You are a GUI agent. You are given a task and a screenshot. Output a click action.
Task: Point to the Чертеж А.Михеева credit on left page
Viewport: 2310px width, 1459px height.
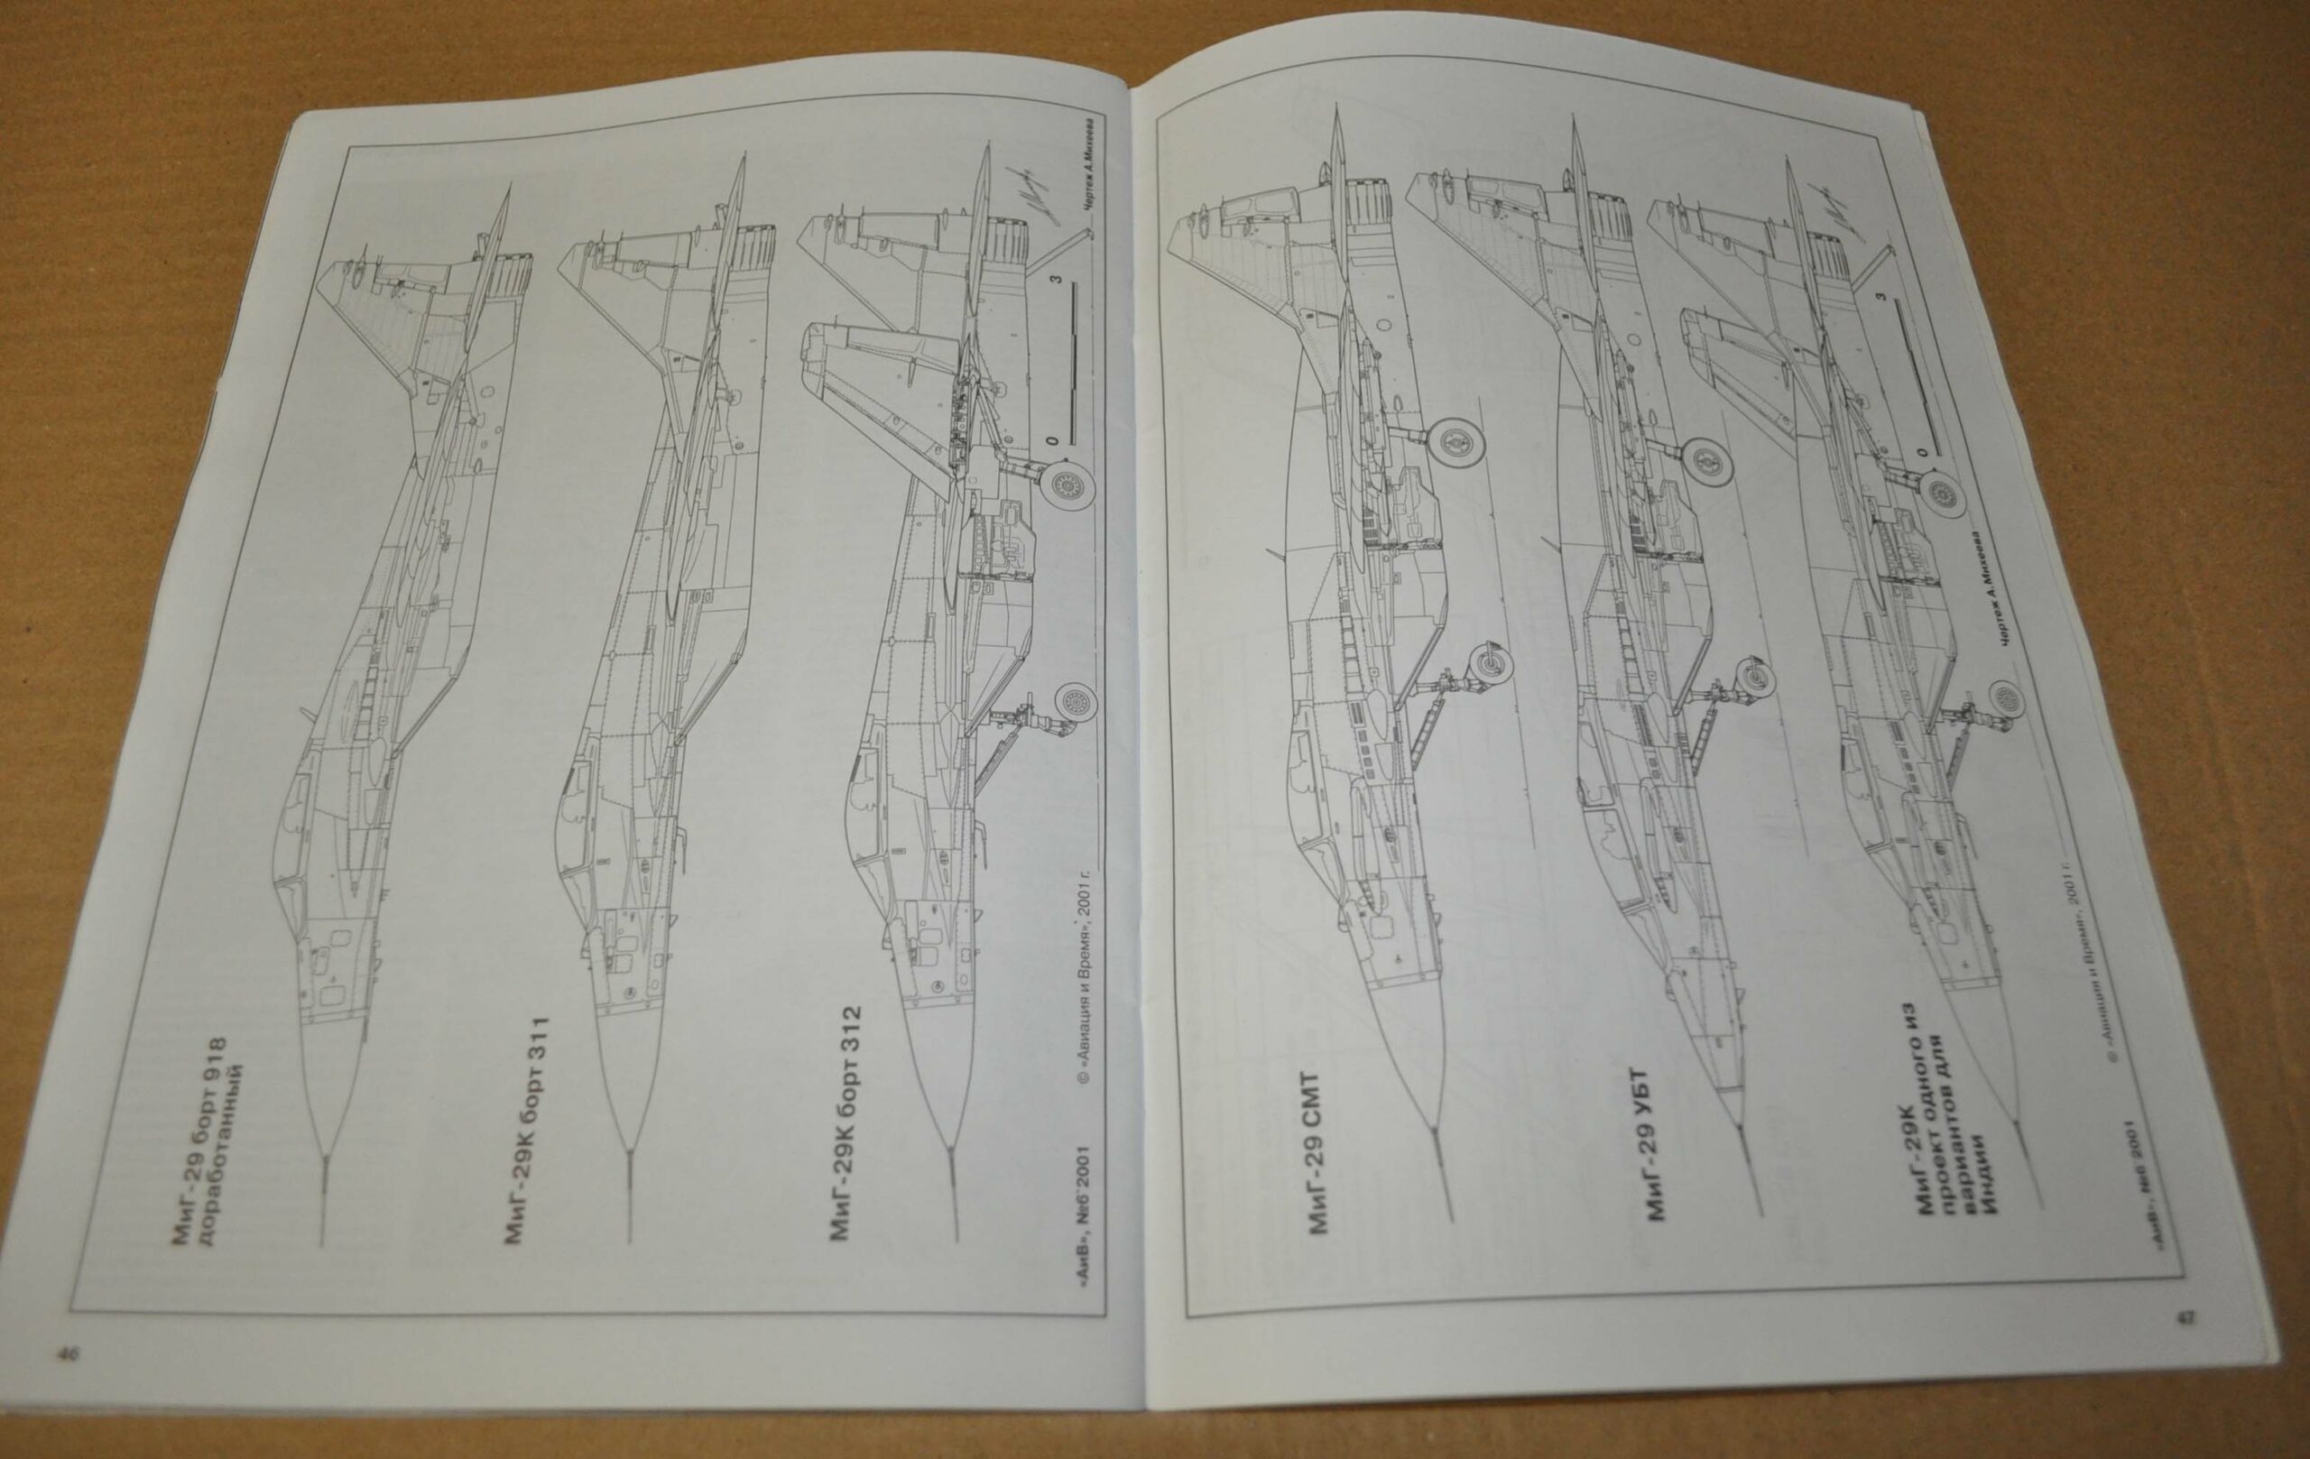(1091, 182)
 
